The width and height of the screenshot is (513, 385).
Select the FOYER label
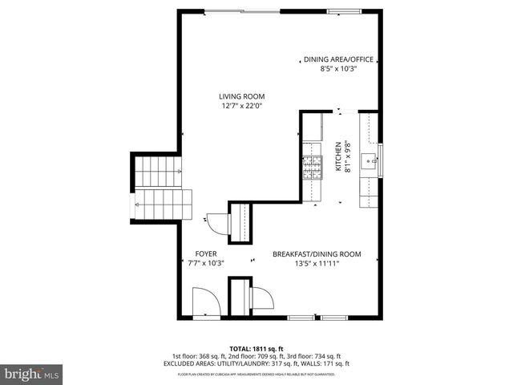pos(206,253)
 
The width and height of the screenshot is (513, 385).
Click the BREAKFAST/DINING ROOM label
pos(317,253)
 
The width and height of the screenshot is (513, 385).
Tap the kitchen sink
pos(371,161)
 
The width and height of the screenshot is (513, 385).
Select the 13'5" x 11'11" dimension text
pos(317,263)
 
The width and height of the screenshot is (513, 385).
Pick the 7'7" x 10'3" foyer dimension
pos(206,263)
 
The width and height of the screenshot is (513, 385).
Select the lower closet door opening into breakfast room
pos(261,298)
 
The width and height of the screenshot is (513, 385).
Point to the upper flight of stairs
pos(149,170)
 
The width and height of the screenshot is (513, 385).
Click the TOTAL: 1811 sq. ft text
pos(256,347)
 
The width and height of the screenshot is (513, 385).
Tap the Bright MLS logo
pos(32,373)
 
